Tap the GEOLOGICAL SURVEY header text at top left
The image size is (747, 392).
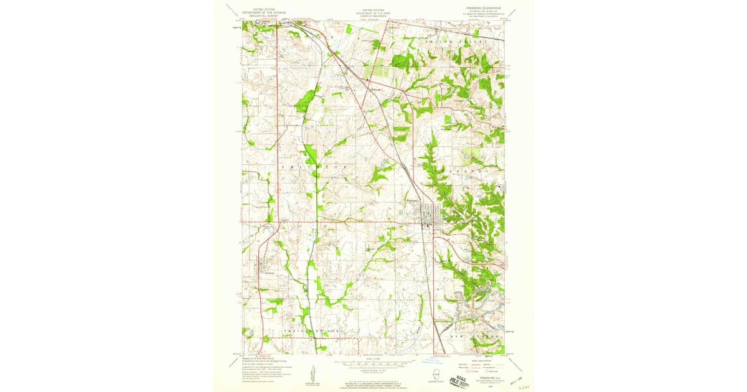point(259,16)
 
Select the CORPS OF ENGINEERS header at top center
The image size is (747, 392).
point(374,16)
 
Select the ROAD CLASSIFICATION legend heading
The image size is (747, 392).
point(483,358)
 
